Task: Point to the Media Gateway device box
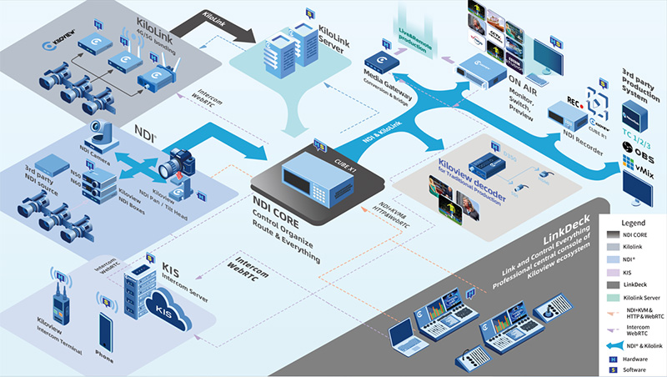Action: tap(384, 63)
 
